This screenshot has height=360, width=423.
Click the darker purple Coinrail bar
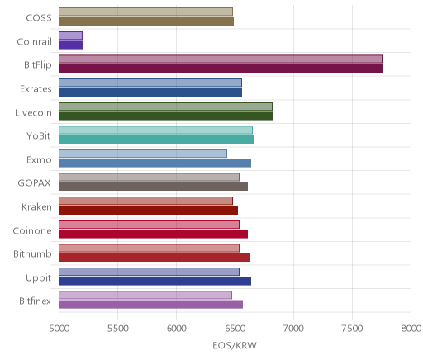point(71,45)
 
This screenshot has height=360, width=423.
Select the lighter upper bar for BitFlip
point(221,59)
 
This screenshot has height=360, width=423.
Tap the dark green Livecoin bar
point(166,116)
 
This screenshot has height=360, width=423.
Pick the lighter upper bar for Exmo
point(143,154)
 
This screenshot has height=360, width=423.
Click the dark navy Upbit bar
point(155,282)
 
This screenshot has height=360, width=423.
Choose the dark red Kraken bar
point(149,211)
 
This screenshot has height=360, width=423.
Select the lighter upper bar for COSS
point(145,12)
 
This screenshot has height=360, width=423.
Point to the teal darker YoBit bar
point(156,140)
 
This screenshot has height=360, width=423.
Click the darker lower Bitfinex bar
point(151,305)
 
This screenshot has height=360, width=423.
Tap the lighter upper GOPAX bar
point(149,178)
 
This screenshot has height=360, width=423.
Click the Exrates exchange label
point(36,89)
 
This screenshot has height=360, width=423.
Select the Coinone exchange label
point(32,230)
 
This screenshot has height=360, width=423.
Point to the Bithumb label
point(32,253)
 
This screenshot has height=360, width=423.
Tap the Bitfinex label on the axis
point(35,301)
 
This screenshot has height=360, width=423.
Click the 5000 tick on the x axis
point(59,329)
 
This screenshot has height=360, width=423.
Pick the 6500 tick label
point(235,329)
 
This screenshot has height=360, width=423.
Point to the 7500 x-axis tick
point(352,329)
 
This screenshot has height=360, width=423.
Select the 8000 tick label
point(411,329)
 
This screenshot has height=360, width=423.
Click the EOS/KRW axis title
point(235,345)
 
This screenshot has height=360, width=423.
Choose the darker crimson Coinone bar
point(154,234)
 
